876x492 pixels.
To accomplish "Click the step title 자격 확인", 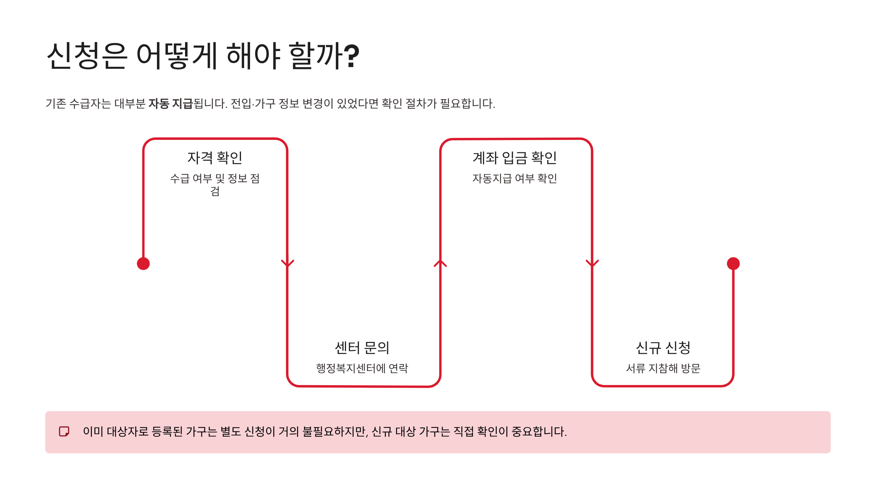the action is click(215, 158).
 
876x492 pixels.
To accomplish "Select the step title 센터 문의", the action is click(362, 348).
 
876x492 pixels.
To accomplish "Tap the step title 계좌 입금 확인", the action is click(515, 158).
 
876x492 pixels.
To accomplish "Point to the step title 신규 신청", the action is click(663, 348).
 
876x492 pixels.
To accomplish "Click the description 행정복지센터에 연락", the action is click(362, 368).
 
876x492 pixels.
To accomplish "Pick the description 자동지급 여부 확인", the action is click(515, 178).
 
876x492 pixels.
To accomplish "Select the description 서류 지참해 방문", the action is click(663, 368).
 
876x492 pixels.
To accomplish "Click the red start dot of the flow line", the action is click(143, 263).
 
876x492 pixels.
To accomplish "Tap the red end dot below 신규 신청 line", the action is click(733, 263).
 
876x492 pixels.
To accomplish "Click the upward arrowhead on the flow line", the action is click(440, 263).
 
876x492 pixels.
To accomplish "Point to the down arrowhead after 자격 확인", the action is click(288, 263).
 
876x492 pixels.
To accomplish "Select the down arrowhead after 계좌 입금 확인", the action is click(592, 263).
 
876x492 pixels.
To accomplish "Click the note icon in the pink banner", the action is click(64, 432).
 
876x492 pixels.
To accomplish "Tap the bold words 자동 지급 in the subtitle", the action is click(170, 104).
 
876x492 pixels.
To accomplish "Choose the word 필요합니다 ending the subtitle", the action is click(468, 104).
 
